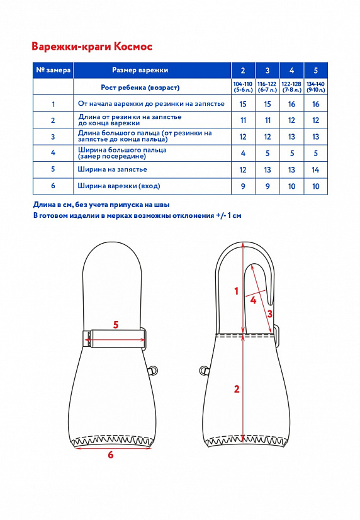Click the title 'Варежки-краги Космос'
(x=92, y=47)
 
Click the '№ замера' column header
(x=53, y=71)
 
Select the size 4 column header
(x=291, y=71)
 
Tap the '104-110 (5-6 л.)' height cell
(x=243, y=87)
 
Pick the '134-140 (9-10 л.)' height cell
(x=315, y=87)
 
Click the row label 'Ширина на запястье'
(x=113, y=169)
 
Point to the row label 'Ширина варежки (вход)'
(x=119, y=186)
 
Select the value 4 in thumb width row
(x=243, y=153)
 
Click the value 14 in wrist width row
(x=315, y=170)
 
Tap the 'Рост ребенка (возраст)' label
(x=140, y=88)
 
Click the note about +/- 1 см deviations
(x=137, y=215)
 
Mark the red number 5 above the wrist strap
(x=116, y=325)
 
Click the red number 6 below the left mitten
(x=111, y=455)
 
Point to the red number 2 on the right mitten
(x=237, y=389)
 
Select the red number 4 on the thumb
(x=253, y=300)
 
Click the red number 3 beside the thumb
(x=270, y=314)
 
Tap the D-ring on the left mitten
(x=152, y=370)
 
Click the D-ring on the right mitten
(x=204, y=370)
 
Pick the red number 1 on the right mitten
(x=237, y=291)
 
